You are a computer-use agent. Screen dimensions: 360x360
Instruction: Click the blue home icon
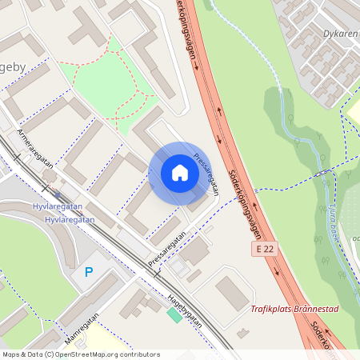[x=180, y=173]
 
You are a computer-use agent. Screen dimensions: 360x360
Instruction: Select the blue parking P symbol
[x=89, y=272]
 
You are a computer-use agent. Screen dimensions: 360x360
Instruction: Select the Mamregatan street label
[x=83, y=329]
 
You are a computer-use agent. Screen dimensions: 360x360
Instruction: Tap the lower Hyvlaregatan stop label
[x=70, y=219]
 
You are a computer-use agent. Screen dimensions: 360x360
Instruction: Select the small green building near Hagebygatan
[x=174, y=315]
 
